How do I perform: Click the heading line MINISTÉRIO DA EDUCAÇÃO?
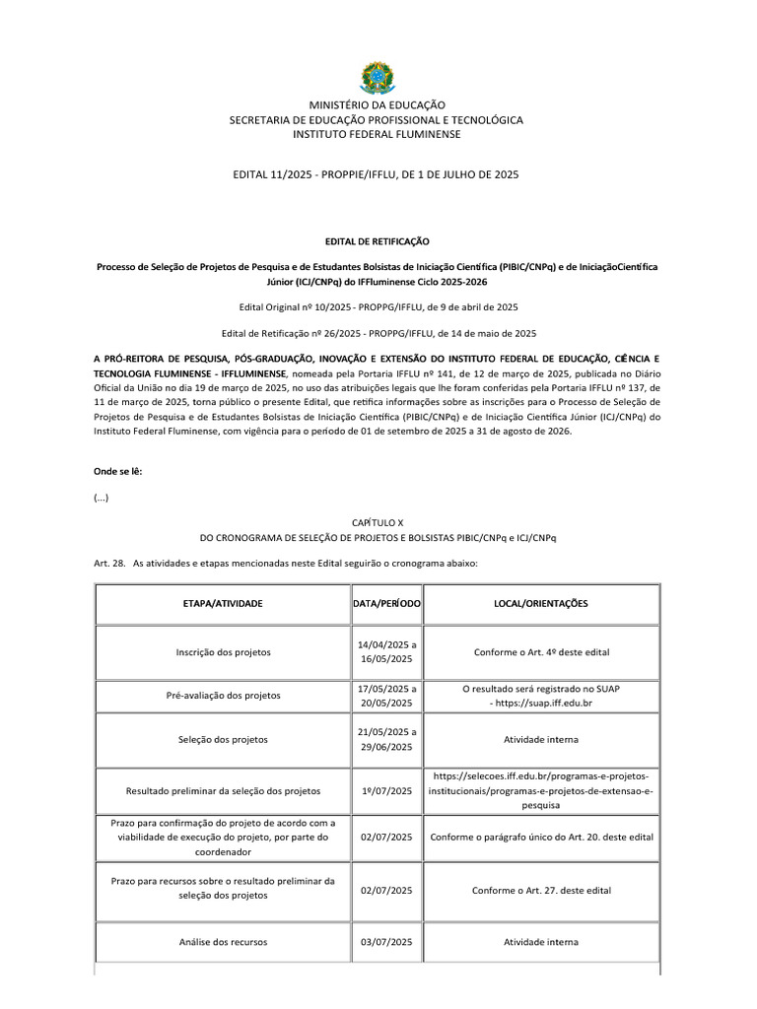click(377, 104)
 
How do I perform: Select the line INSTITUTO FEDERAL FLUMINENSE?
click(377, 135)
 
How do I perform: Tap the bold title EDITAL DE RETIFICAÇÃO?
click(378, 241)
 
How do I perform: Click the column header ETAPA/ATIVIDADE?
click(222, 602)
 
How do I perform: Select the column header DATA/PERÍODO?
click(386, 602)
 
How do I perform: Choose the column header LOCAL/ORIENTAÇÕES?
click(541, 602)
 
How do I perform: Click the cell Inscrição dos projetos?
click(222, 652)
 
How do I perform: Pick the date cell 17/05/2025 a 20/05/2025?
click(386, 695)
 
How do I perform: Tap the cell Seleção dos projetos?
click(222, 739)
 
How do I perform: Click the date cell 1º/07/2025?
click(386, 790)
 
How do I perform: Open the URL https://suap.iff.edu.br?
click(545, 703)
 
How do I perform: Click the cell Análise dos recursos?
click(222, 942)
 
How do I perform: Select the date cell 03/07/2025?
click(386, 942)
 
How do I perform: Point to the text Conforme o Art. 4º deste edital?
click(541, 652)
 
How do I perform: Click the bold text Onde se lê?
click(117, 471)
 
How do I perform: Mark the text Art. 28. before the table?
click(108, 562)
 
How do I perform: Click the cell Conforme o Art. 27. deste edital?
click(541, 891)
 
